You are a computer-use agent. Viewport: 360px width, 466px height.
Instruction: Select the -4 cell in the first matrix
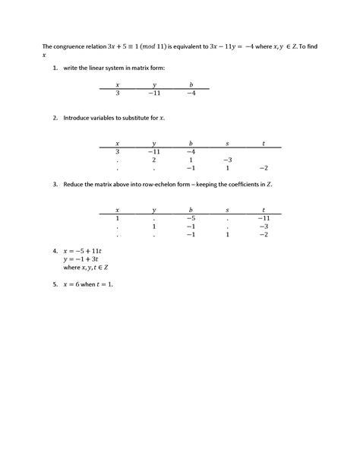pos(191,93)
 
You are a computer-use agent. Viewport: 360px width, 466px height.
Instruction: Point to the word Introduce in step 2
pos(79,119)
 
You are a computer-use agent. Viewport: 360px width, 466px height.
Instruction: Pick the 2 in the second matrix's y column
pos(153,160)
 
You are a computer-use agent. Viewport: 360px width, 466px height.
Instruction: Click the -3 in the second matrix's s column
pos(227,160)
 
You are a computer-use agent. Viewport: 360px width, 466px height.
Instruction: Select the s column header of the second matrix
pos(227,143)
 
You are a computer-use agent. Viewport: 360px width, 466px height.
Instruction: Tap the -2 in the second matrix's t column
pos(264,168)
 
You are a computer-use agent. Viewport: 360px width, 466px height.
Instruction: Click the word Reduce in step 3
pos(75,185)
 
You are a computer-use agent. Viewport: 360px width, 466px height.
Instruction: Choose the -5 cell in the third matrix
pos(191,217)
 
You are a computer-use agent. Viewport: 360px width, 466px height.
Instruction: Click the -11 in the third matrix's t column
pos(264,217)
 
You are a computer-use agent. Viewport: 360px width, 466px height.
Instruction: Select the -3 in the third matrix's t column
pos(264,226)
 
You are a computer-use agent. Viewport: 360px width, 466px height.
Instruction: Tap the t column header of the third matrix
pos(264,209)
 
